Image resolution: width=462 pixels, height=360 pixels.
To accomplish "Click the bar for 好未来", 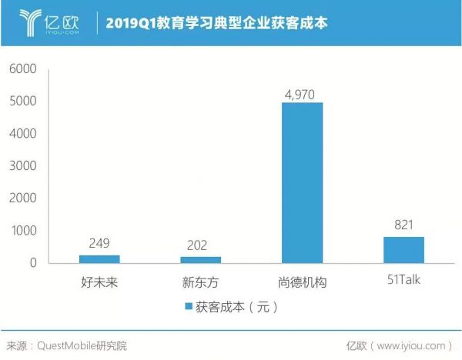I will pyautogui.click(x=99, y=259).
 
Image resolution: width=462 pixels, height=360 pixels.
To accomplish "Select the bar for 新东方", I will pyautogui.click(x=201, y=260).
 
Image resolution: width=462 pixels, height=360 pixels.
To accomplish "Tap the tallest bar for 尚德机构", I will pyautogui.click(x=302, y=183).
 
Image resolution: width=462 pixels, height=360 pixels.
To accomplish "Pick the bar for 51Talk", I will pyautogui.click(x=403, y=250).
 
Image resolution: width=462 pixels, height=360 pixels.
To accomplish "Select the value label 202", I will pyautogui.click(x=201, y=246).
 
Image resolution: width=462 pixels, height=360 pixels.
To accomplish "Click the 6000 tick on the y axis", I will pyautogui.click(x=23, y=69).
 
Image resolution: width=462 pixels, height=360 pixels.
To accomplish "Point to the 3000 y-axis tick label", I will pyautogui.click(x=23, y=166).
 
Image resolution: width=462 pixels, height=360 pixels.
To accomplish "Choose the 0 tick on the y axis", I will pyautogui.click(x=34, y=263).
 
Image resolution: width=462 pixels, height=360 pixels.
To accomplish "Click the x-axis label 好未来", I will pyautogui.click(x=99, y=282).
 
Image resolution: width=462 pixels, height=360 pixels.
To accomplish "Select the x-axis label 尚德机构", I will pyautogui.click(x=302, y=282).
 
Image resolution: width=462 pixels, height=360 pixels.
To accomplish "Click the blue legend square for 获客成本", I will pyautogui.click(x=189, y=307).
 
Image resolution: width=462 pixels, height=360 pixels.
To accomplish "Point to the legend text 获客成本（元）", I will pyautogui.click(x=236, y=307).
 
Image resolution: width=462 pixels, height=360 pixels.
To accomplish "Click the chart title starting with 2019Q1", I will pyautogui.click(x=216, y=23).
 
